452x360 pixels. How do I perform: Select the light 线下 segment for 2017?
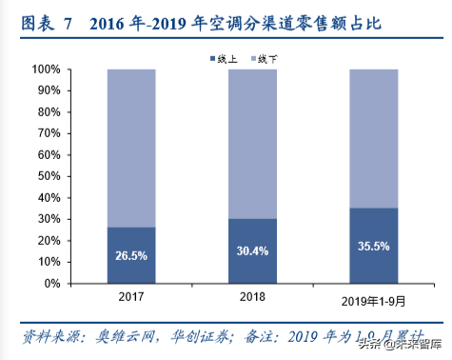pyautogui.click(x=131, y=148)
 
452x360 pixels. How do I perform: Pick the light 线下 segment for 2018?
pyautogui.click(x=252, y=143)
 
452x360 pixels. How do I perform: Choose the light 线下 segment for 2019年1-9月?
pyautogui.click(x=373, y=138)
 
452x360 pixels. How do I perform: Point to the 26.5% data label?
pyautogui.click(x=131, y=255)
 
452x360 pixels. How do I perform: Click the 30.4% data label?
pyautogui.click(x=252, y=251)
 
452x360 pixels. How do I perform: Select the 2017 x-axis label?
pyautogui.click(x=131, y=297)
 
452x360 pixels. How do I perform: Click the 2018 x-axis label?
pyautogui.click(x=252, y=297)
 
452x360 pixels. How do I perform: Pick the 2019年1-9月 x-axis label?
pyautogui.click(x=373, y=301)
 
